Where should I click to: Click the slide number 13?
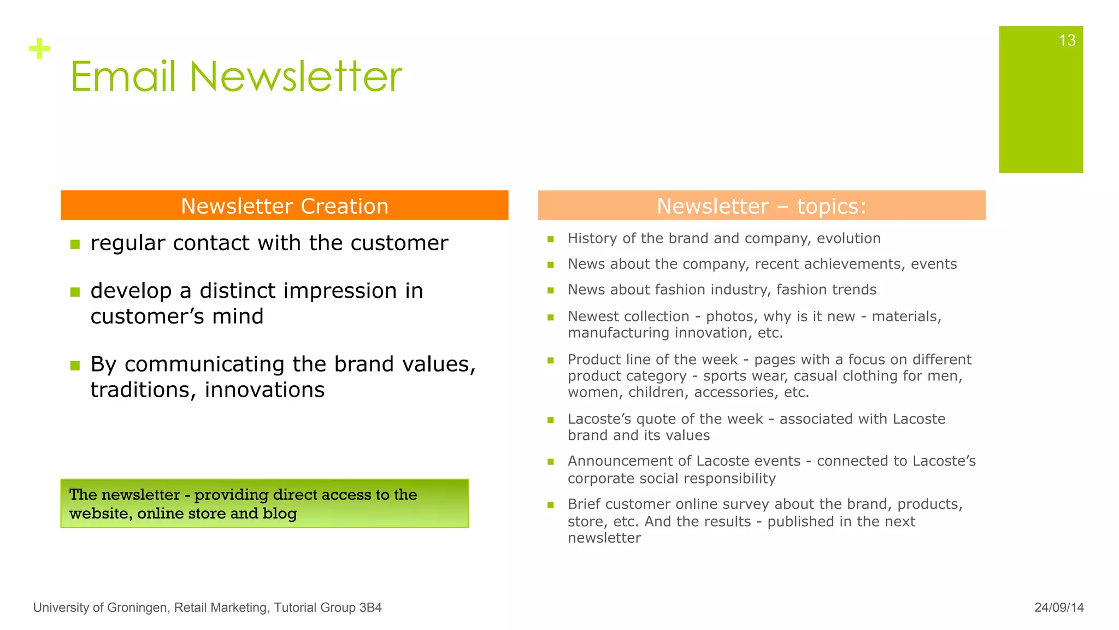(1067, 40)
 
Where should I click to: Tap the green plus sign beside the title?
(39, 49)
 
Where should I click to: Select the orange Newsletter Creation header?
(284, 206)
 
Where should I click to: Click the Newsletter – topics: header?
(761, 206)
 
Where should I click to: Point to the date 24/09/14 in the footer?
(1058, 608)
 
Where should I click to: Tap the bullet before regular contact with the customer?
(75, 244)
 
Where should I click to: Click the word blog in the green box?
(279, 514)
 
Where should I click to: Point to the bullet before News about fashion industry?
(551, 291)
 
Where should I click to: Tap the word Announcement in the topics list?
(629, 461)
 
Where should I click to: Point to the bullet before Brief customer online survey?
(551, 505)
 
